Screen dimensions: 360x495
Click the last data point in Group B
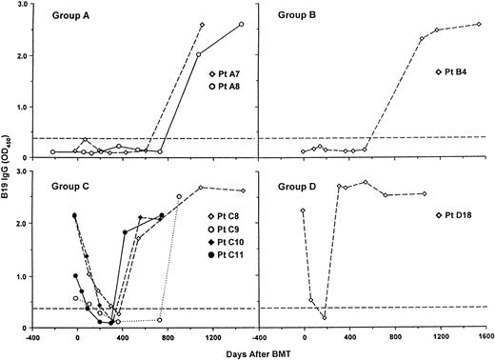(479, 24)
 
